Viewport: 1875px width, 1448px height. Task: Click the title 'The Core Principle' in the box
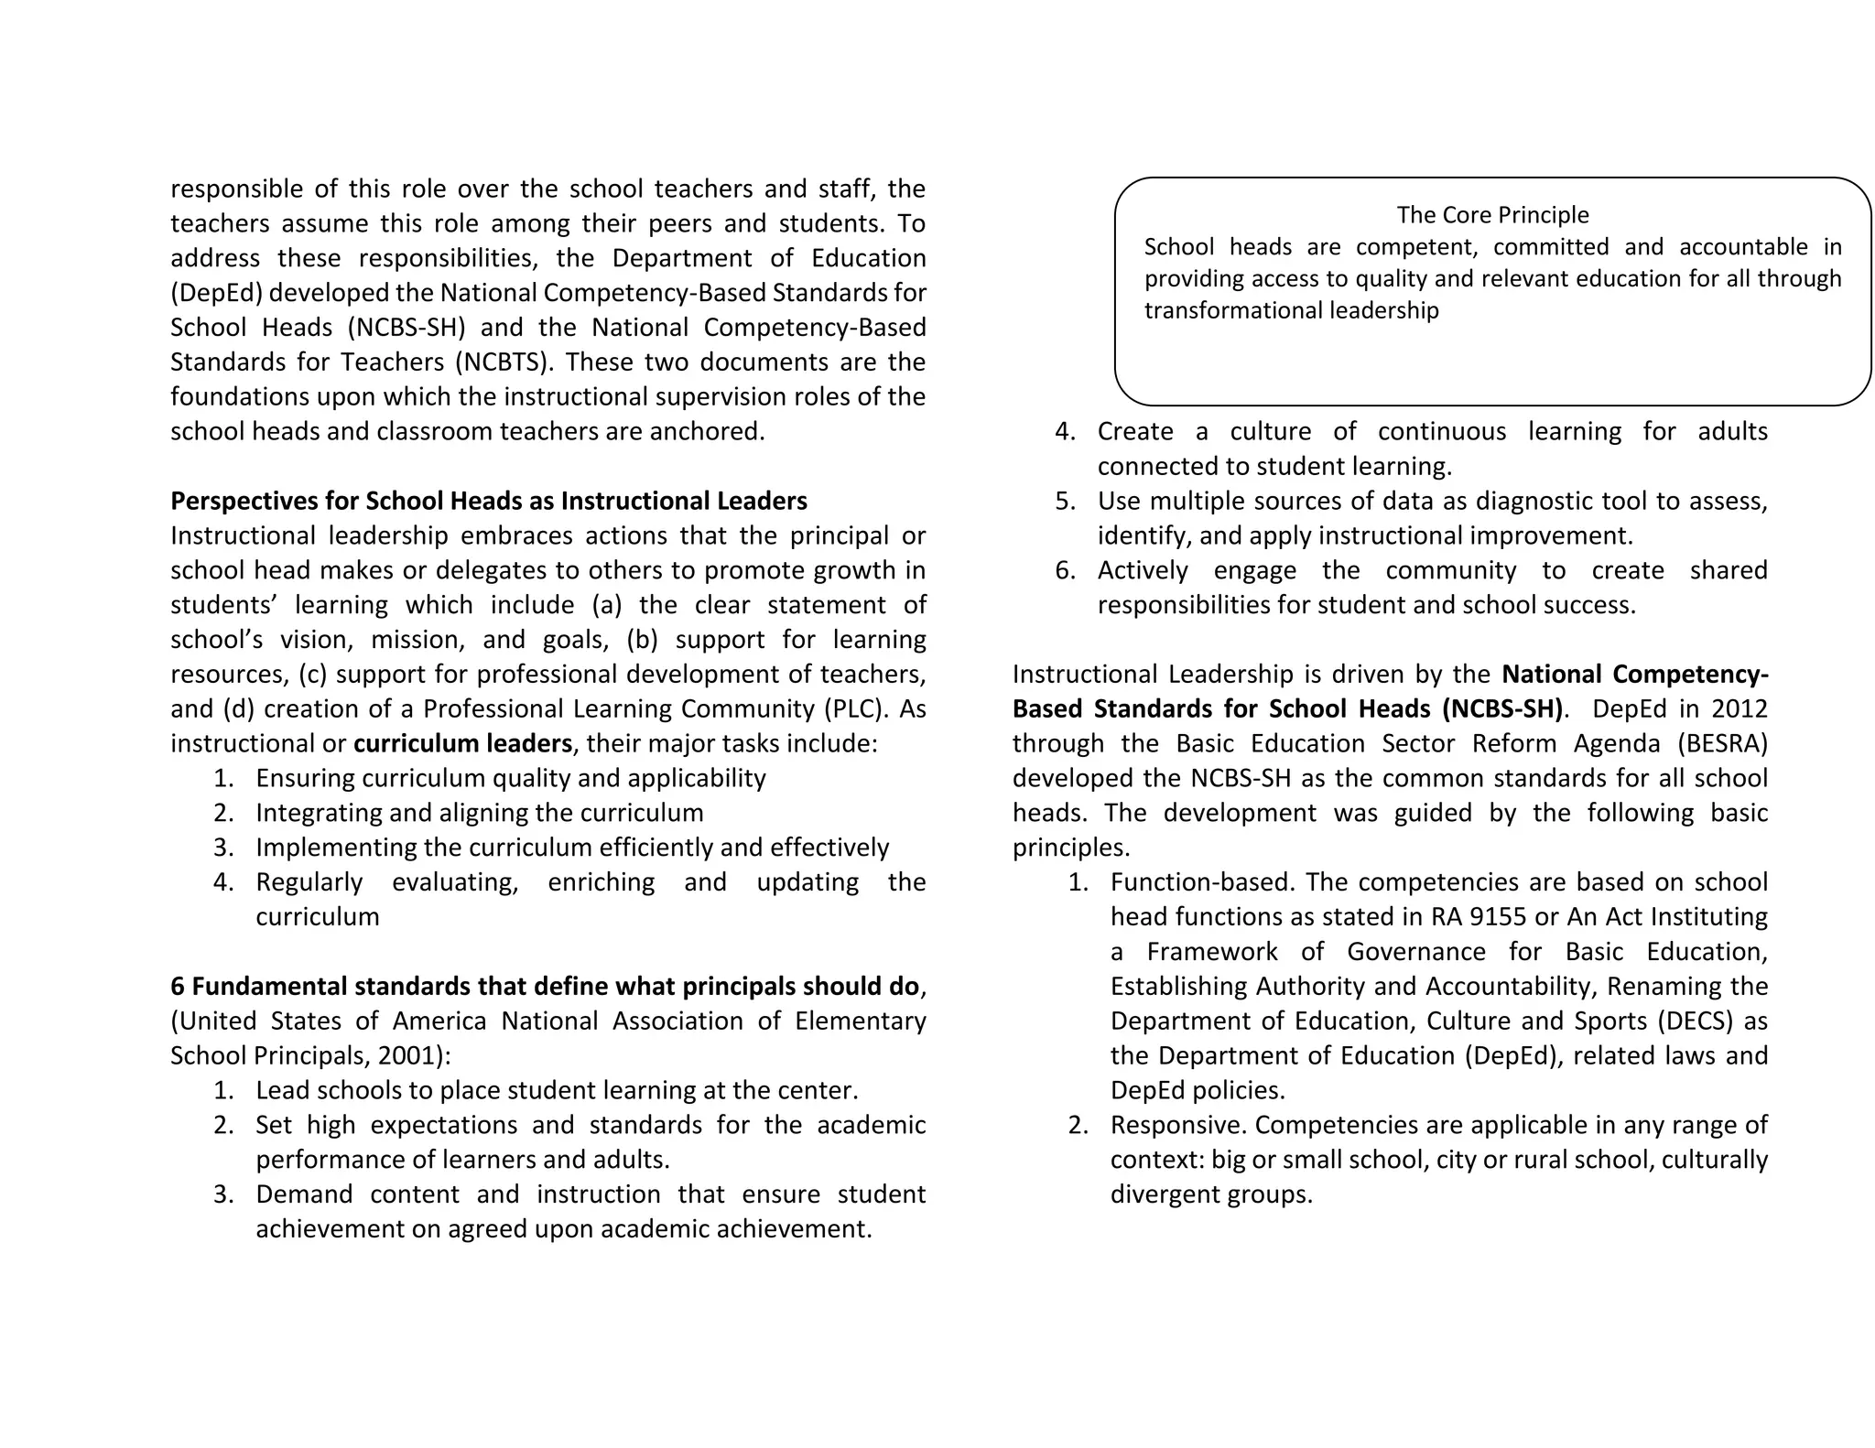pyautogui.click(x=1492, y=215)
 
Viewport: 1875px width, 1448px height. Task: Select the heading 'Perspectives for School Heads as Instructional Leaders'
pyautogui.click(x=489, y=502)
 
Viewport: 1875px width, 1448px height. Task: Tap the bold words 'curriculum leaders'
pyautogui.click(x=462, y=743)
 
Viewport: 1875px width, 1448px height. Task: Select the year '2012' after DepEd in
pyautogui.click(x=1740, y=708)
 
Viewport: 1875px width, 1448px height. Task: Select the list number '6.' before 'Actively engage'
pyautogui.click(x=1065, y=571)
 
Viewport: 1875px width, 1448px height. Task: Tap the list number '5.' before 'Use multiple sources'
pyautogui.click(x=1065, y=502)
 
